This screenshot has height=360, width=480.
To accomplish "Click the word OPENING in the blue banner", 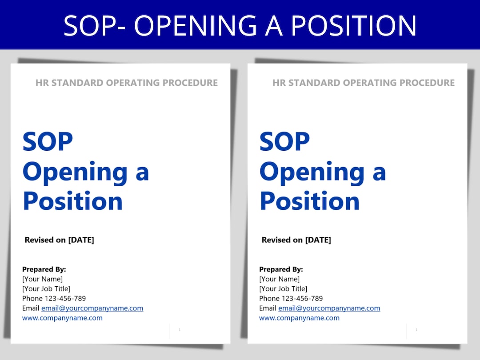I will pyautogui.click(x=196, y=26).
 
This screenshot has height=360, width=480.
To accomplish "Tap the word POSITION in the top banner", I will pyautogui.click(x=354, y=26).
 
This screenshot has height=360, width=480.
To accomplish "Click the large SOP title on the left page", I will pyautogui.click(x=48, y=141).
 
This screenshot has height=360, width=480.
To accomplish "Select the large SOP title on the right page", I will pyautogui.click(x=284, y=141).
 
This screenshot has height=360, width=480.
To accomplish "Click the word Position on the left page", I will pyautogui.click(x=72, y=201).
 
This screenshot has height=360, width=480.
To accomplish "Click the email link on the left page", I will pyautogui.click(x=92, y=308).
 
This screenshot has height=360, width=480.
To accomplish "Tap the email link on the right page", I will pyautogui.click(x=329, y=308).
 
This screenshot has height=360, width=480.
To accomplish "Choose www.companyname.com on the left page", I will pyautogui.click(x=62, y=318).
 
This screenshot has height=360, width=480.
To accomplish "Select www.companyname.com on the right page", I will pyautogui.click(x=299, y=318).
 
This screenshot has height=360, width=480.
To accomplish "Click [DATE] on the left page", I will pyautogui.click(x=81, y=240).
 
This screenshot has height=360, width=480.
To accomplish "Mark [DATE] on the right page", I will pyautogui.click(x=318, y=240).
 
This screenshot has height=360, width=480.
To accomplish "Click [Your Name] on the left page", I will pyautogui.click(x=42, y=279).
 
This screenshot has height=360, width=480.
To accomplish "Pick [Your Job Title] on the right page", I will pyautogui.click(x=283, y=289).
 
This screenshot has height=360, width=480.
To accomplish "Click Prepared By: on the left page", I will pyautogui.click(x=44, y=269).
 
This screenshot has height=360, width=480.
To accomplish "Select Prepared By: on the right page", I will pyautogui.click(x=281, y=269).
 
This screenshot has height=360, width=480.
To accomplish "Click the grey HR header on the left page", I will pyautogui.click(x=127, y=83).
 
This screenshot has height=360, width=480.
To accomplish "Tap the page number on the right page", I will pyautogui.click(x=416, y=330).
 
